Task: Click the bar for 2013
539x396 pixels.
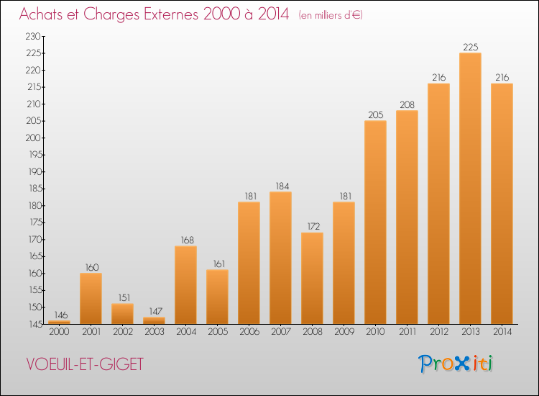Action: (470, 189)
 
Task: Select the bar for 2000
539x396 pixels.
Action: (59, 323)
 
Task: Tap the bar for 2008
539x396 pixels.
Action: (312, 278)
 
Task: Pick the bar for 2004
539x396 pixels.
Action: (185, 285)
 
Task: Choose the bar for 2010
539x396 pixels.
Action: (375, 222)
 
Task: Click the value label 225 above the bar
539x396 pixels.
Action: (470, 48)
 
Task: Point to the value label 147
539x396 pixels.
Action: (155, 311)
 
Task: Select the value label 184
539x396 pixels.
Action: (282, 186)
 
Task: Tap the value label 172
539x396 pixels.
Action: (313, 226)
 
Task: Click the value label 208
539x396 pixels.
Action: (407, 104)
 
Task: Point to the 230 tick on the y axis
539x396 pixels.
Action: (33, 36)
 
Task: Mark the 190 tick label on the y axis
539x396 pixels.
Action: (35, 171)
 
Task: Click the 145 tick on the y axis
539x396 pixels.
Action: (34, 324)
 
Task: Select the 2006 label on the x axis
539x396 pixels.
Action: (249, 332)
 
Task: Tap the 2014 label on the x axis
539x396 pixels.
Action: (502, 332)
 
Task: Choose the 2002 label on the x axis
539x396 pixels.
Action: (123, 332)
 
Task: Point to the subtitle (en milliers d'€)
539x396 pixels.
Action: (331, 15)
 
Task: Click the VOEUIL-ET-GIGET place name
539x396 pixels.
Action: (85, 364)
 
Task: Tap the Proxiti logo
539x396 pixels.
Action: (456, 364)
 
